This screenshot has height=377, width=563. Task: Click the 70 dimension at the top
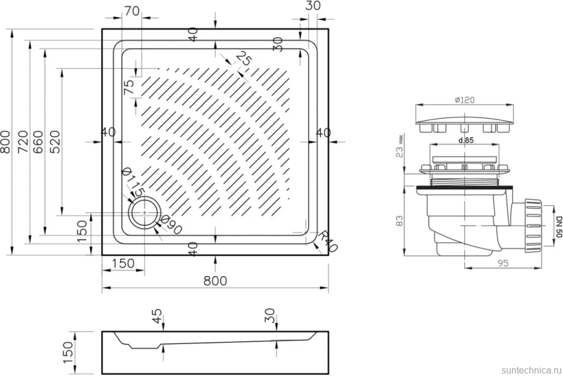tap(132, 11)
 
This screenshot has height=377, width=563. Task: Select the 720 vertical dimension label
tap(23, 142)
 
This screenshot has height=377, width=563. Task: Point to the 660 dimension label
tap(38, 142)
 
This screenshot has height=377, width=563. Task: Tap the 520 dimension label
tap(55, 142)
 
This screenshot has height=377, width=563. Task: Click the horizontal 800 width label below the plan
tap(215, 281)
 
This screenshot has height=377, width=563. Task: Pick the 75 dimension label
tap(128, 87)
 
